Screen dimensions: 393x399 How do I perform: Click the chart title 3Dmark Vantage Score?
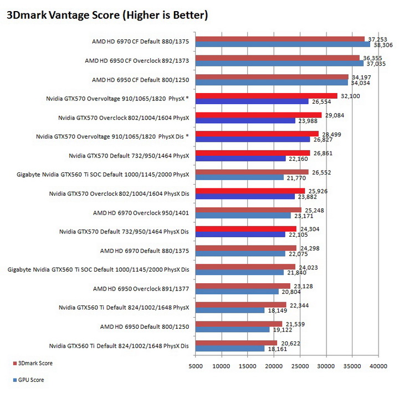[107, 16]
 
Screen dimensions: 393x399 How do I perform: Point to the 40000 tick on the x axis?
[378, 366]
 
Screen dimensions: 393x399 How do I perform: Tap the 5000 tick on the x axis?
[196, 366]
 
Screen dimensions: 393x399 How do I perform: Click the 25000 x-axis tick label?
[300, 366]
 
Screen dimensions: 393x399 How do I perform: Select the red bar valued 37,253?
[280, 39]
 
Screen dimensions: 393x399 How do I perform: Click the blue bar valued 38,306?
[283, 44]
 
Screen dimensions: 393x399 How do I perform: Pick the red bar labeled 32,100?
[267, 96]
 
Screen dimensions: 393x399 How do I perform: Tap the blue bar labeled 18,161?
[230, 349]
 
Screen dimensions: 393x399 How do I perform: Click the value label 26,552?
[322, 172]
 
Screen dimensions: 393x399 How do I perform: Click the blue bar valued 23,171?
[243, 215]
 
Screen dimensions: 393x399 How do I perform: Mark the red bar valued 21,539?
[239, 324]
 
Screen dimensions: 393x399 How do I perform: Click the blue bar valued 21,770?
[239, 177]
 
